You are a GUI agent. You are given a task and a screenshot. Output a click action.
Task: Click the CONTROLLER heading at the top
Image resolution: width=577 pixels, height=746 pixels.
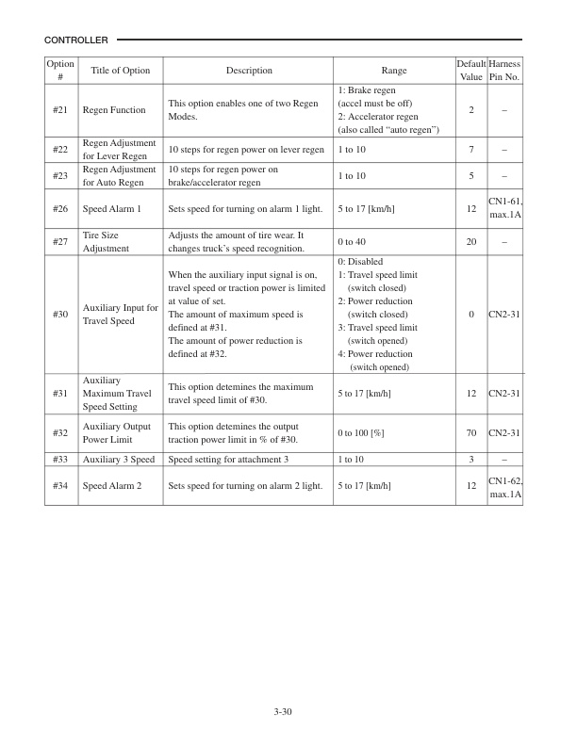[76, 41]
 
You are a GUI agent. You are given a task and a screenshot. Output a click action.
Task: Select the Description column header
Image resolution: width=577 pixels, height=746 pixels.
[249, 71]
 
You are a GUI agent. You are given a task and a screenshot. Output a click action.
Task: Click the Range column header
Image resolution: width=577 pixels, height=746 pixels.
[393, 71]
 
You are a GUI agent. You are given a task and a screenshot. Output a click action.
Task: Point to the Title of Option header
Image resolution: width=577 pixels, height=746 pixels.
[120, 71]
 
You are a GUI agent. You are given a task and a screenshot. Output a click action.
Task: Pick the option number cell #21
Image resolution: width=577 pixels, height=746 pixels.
[58, 110]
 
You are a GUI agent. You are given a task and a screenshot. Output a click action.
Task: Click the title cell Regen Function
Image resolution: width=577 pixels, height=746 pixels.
[114, 110]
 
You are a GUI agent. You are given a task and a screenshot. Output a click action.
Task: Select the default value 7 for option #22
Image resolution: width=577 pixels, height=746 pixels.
[470, 150]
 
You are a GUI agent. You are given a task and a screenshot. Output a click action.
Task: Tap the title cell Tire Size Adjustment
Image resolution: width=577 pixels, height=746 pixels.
[112, 242]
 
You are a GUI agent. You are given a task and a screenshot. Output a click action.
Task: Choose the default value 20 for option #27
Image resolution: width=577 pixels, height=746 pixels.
[470, 242]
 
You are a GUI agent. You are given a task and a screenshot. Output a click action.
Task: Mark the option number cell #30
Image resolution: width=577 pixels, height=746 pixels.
[58, 314]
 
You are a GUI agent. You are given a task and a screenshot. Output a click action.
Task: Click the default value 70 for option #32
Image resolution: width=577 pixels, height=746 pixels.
[470, 433]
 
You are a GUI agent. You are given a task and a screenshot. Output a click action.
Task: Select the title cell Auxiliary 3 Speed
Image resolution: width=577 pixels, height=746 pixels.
[119, 460]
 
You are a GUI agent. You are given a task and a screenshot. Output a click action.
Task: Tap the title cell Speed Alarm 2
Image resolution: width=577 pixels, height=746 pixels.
[112, 486]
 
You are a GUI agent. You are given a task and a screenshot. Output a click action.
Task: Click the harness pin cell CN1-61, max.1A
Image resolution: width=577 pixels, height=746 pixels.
[504, 208]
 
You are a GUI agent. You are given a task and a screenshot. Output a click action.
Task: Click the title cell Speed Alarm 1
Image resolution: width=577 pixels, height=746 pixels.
[112, 208]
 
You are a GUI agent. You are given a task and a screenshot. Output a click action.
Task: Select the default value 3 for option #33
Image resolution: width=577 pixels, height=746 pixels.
[470, 460]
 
